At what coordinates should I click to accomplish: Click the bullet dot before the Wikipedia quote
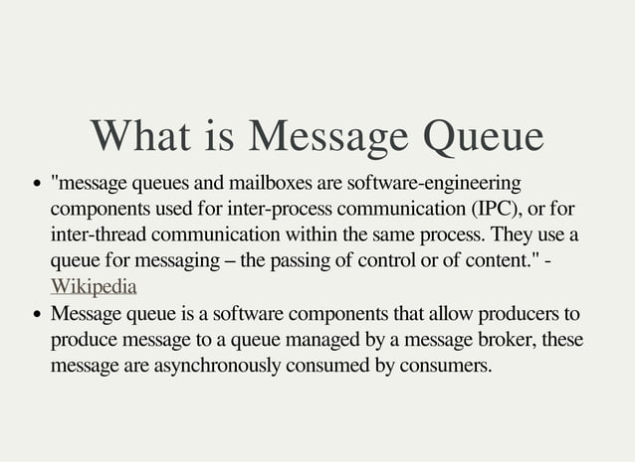[x=36, y=186]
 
